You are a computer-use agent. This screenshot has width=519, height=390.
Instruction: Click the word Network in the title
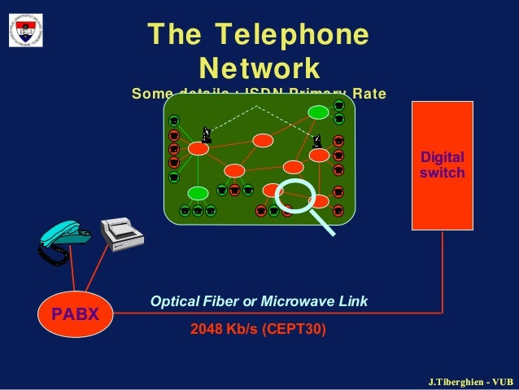click(x=259, y=66)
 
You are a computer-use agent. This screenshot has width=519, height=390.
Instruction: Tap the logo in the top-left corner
click(x=26, y=30)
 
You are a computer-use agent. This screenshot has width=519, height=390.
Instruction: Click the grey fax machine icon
click(x=121, y=234)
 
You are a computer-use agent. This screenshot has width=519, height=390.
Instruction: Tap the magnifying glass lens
click(x=295, y=198)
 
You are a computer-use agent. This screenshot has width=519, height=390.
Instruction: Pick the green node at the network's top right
click(x=318, y=112)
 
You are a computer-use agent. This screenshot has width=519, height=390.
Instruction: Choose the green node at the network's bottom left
click(x=198, y=193)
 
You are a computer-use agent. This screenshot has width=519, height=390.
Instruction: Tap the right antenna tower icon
click(x=316, y=139)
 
